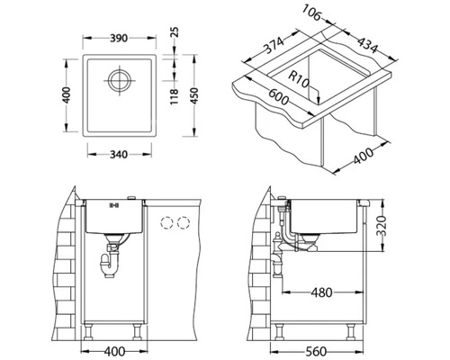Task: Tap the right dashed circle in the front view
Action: pyautogui.click(x=185, y=222)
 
